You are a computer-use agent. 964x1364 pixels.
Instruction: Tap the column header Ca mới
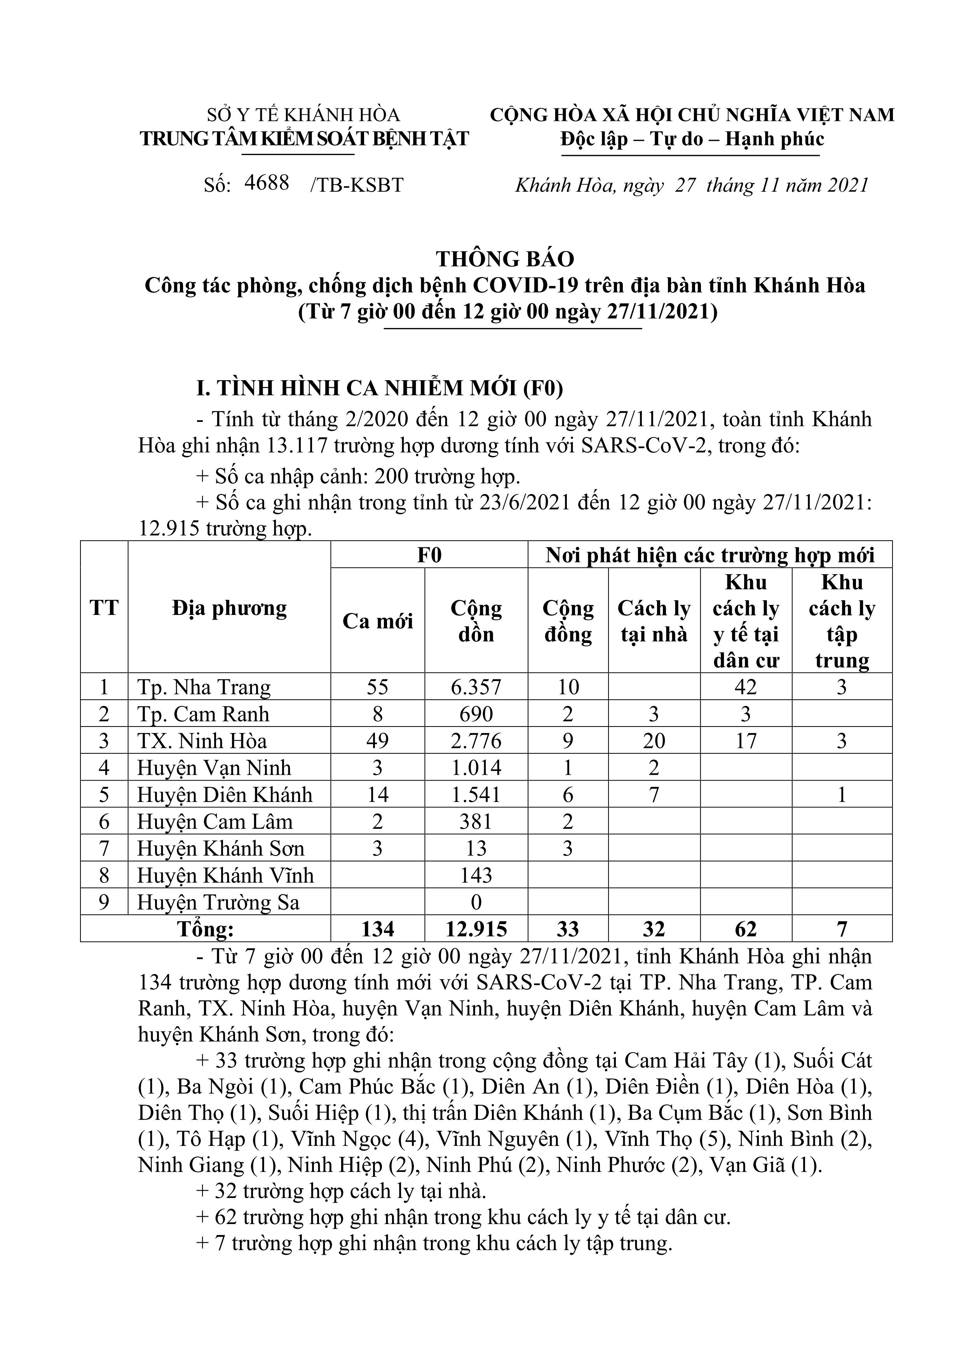378,622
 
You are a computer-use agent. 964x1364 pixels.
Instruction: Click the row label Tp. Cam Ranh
203,714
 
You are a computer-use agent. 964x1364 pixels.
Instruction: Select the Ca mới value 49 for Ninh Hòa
378,741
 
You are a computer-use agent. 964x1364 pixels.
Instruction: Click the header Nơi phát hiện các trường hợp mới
710,555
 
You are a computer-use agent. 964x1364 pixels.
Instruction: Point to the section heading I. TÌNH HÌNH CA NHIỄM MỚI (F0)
380,388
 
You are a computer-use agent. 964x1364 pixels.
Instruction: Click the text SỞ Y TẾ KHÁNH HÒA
303,115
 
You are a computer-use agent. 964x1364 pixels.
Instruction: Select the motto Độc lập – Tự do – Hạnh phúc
692,139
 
